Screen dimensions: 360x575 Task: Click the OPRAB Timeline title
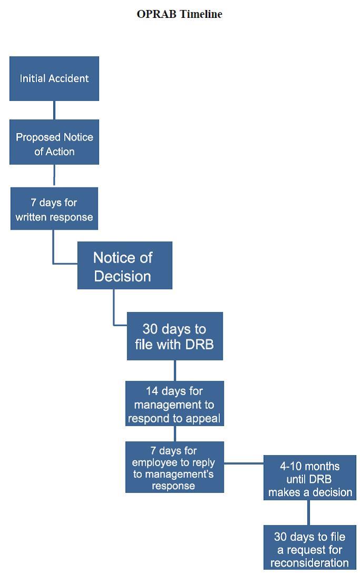click(179, 14)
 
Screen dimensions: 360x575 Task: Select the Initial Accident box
click(54, 78)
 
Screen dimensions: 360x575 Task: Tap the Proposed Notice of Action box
click(54, 142)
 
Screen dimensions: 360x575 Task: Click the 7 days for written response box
click(54, 209)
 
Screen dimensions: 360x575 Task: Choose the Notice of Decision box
click(125, 265)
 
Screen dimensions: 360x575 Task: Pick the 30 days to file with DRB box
click(175, 336)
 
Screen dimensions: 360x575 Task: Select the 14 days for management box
click(175, 403)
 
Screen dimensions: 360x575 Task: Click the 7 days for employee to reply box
click(175, 467)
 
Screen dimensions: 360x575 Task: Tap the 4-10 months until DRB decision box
click(309, 478)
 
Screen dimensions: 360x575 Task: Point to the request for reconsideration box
click(309, 547)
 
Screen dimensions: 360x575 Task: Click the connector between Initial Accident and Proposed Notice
click(54, 110)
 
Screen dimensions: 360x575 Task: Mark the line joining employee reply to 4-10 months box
click(244, 463)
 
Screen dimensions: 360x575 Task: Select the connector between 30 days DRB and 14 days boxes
click(175, 370)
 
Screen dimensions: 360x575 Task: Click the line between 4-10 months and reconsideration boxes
click(308, 512)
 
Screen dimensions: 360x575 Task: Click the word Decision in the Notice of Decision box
click(123, 276)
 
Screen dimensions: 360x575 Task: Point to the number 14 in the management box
click(152, 391)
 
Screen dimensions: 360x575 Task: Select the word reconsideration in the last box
click(309, 562)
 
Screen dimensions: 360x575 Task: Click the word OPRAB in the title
click(157, 14)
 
